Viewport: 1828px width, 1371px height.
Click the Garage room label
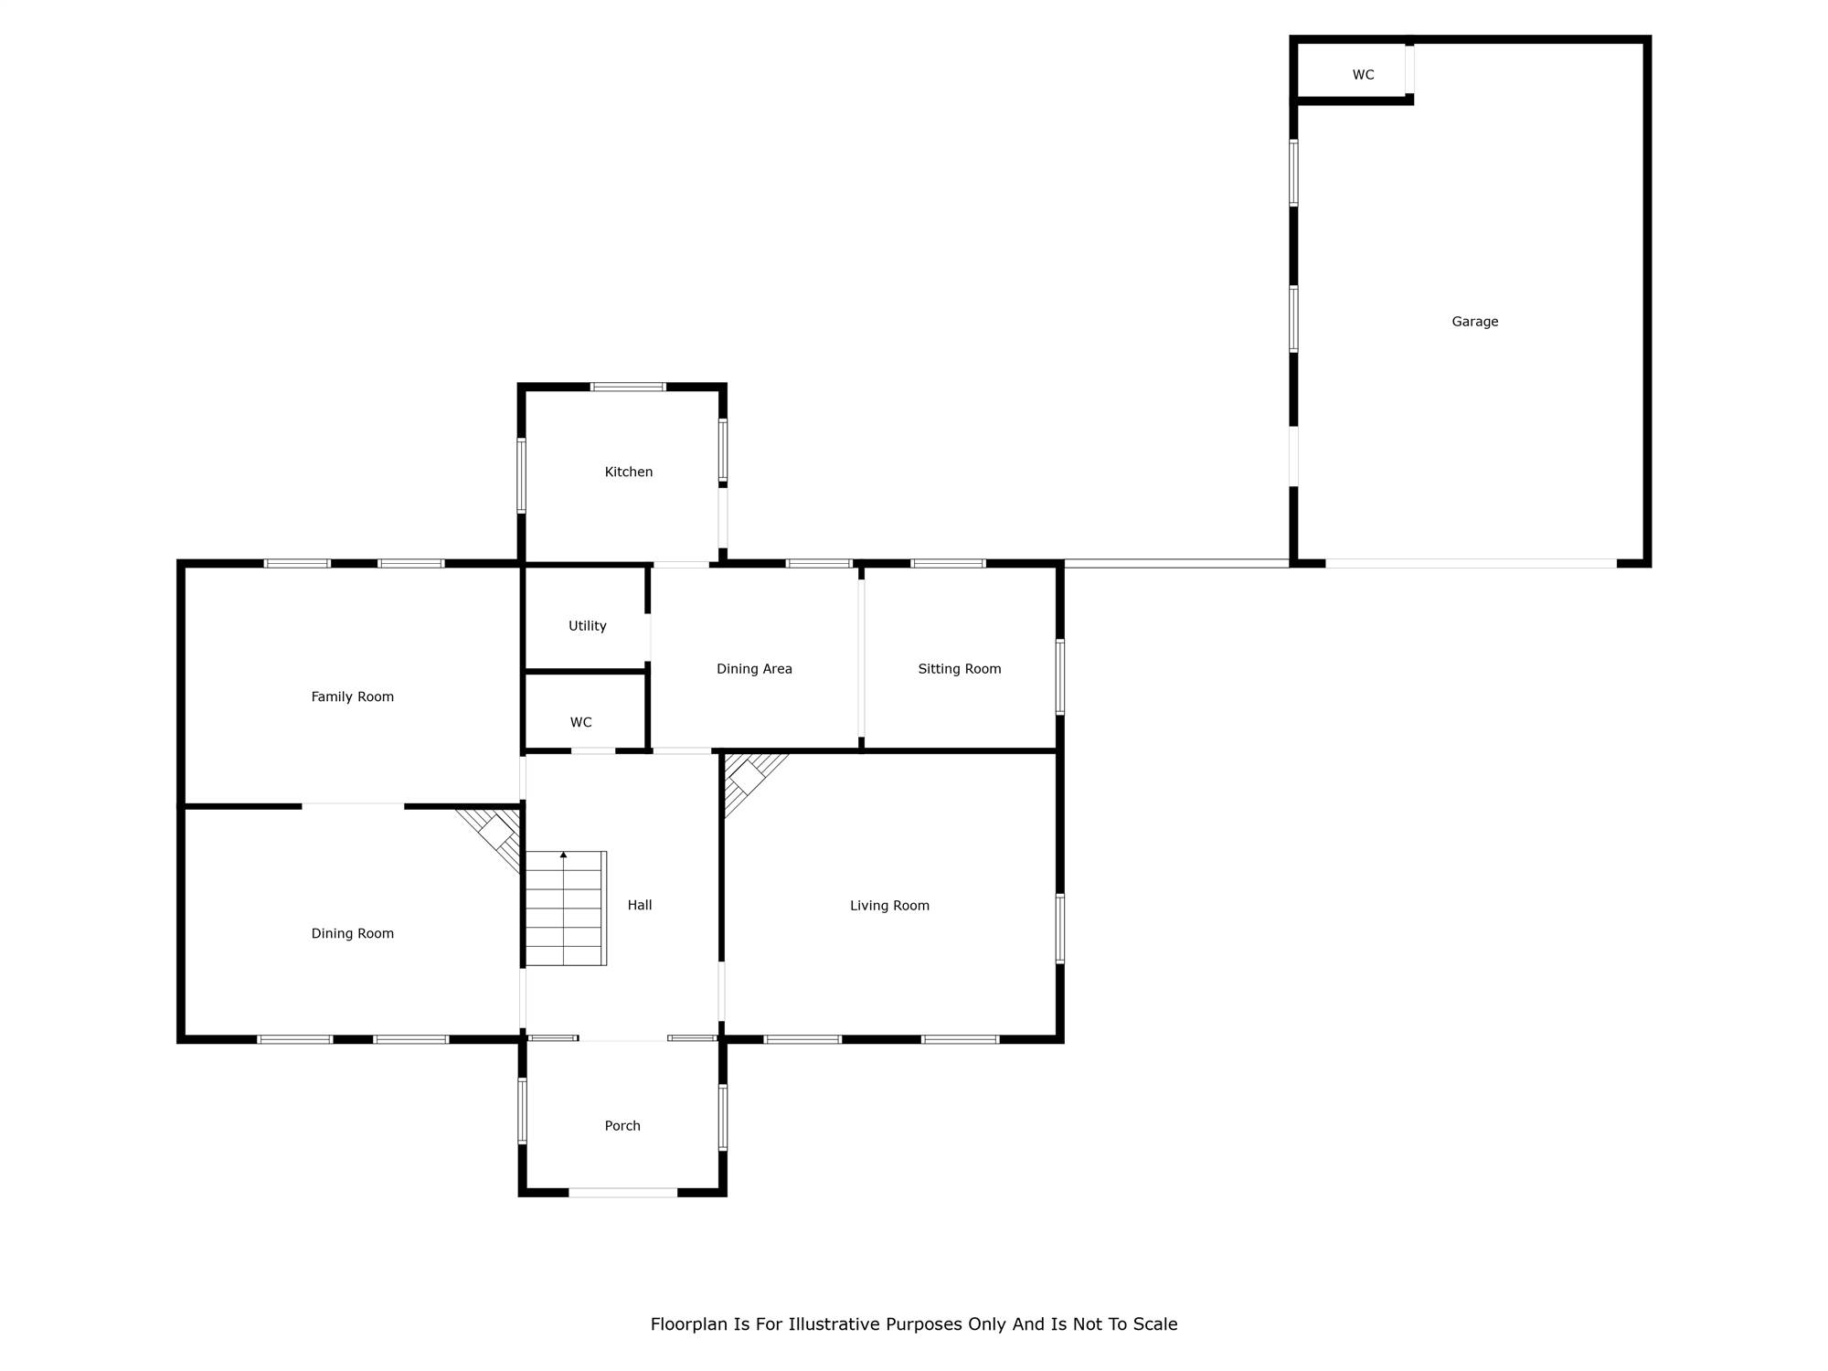[1474, 322]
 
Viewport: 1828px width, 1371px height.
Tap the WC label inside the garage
[1363, 75]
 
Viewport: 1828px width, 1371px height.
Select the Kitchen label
[629, 472]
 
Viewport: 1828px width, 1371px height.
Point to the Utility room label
[587, 626]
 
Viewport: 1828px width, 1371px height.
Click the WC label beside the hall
[580, 722]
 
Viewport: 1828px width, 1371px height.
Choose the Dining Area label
[754, 669]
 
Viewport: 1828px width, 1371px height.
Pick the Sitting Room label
[960, 669]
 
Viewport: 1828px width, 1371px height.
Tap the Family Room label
[352, 696]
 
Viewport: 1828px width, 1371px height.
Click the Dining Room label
[352, 933]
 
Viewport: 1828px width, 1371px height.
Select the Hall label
[639, 905]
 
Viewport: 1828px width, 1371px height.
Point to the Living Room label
[889, 906]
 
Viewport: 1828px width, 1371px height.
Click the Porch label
[622, 1126]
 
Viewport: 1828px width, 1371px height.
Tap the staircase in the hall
[566, 909]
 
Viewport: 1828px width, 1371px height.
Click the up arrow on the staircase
[564, 856]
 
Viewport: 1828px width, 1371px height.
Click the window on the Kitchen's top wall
[628, 387]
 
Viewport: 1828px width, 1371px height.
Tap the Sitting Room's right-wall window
[1060, 676]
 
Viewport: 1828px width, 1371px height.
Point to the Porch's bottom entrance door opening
[623, 1193]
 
